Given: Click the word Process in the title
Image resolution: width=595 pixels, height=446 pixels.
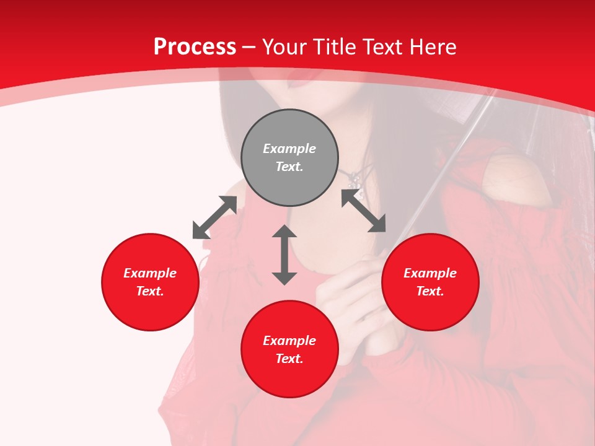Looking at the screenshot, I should pos(195,47).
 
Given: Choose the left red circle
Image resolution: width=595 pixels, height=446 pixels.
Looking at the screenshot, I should pos(150,282).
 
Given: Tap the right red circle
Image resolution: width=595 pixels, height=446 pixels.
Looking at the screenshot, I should pos(430,282).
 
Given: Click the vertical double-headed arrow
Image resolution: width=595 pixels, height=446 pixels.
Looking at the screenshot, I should pos(284,255).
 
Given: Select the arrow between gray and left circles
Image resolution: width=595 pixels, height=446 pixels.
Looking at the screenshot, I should pos(214,217).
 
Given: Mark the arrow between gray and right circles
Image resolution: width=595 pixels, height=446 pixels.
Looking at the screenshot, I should pos(364,211).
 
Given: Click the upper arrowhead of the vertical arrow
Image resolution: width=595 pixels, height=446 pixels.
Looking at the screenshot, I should pos(284,231).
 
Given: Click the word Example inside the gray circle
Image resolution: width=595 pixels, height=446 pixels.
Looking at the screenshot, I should pos(289,149).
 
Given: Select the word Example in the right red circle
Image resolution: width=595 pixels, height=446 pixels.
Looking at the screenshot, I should pos(430,273).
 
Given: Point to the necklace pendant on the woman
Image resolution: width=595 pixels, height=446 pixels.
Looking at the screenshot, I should pos(355,181).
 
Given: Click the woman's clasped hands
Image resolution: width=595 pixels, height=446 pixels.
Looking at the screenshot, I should pos(347,297).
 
